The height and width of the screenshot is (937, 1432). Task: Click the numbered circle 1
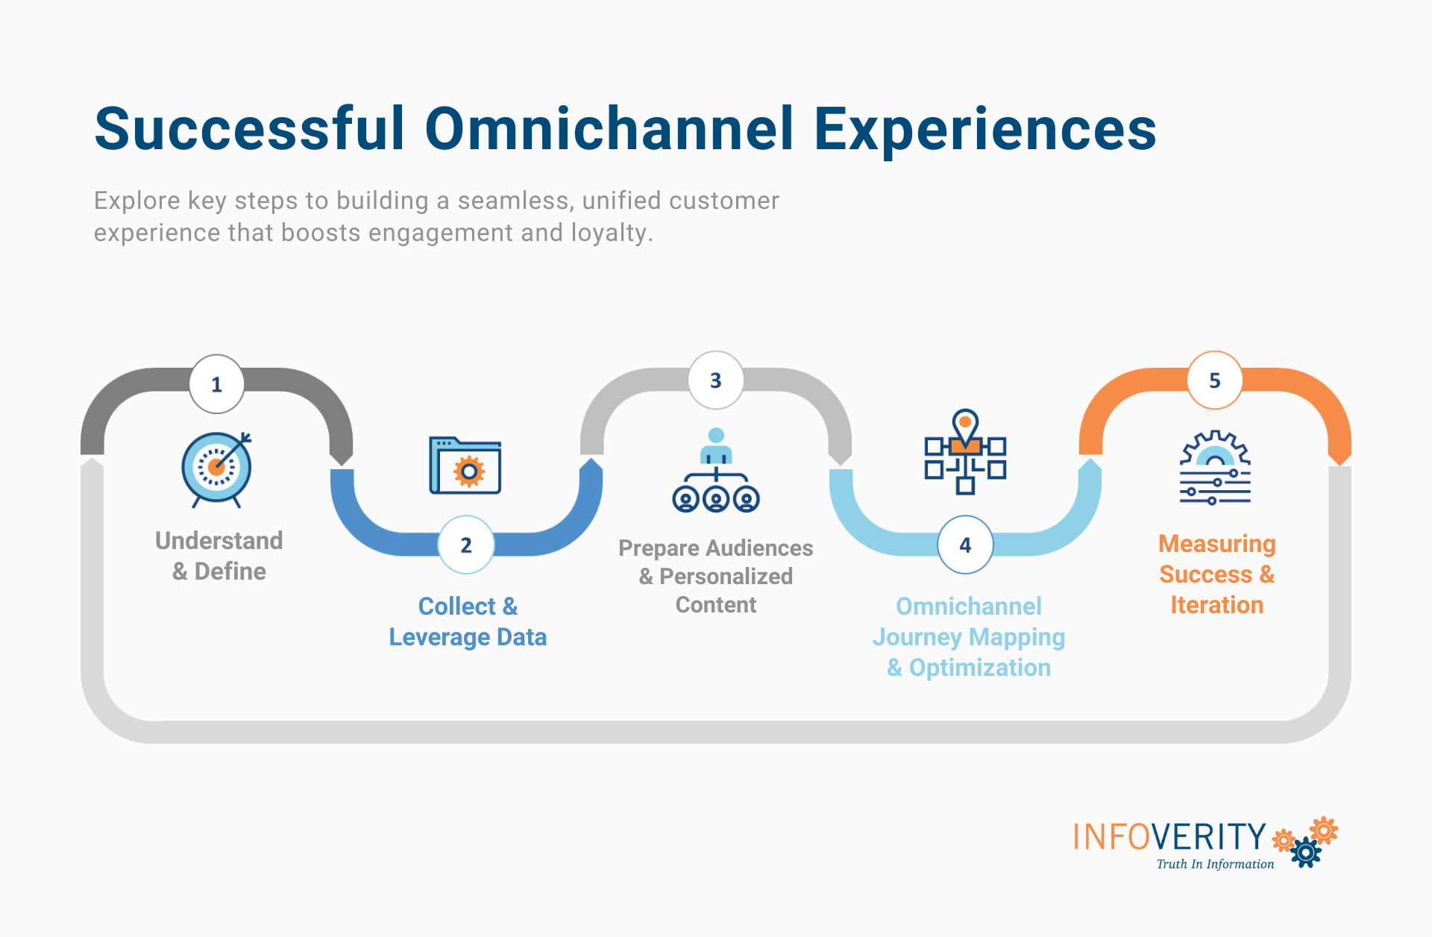(x=216, y=384)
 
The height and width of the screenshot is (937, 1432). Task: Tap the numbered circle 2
(x=466, y=545)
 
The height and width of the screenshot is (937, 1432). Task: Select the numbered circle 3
(x=715, y=380)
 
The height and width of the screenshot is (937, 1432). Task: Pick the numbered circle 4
(x=965, y=545)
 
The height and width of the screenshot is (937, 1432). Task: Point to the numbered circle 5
(x=1214, y=380)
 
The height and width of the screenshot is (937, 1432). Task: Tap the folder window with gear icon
(x=465, y=466)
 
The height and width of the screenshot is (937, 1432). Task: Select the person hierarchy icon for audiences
(x=715, y=470)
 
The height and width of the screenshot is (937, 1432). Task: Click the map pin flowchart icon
(x=965, y=452)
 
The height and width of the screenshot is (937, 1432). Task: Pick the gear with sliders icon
(x=1215, y=468)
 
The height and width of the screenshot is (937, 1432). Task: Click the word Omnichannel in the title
(x=609, y=129)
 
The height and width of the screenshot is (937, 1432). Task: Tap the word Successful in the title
(x=249, y=129)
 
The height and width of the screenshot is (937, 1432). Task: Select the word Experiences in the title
(x=984, y=129)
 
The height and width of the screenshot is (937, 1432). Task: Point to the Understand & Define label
(x=219, y=556)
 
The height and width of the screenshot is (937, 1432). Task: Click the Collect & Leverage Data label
(x=468, y=621)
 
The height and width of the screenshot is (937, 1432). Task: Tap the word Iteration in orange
(x=1216, y=605)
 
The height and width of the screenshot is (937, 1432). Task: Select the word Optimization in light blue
(x=979, y=668)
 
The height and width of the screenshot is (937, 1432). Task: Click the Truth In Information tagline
(x=1215, y=864)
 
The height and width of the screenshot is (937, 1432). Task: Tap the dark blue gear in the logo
(x=1306, y=852)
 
